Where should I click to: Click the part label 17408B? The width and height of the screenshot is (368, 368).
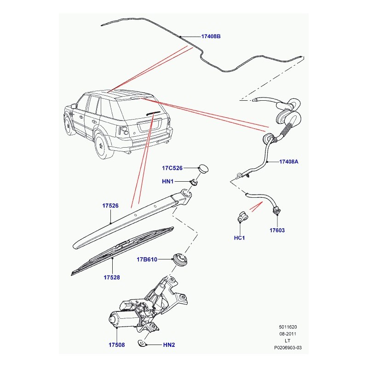point(211,36)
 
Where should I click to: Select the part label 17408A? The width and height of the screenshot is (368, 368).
point(289,162)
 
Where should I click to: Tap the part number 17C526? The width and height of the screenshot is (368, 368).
point(172,168)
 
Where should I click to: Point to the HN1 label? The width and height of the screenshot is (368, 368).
point(167,182)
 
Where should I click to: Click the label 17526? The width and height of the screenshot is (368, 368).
point(110,207)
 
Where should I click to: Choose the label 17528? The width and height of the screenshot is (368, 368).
point(111,278)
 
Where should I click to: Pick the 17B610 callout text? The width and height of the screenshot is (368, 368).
point(147,259)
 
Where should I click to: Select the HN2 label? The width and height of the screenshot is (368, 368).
point(169,344)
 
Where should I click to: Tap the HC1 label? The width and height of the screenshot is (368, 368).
point(240,238)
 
